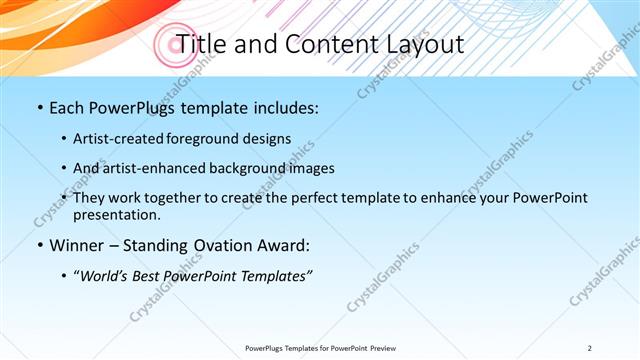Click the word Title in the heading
coord(200,45)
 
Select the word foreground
coord(214,138)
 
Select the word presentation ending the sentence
coord(116,214)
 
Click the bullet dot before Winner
coord(39,246)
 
